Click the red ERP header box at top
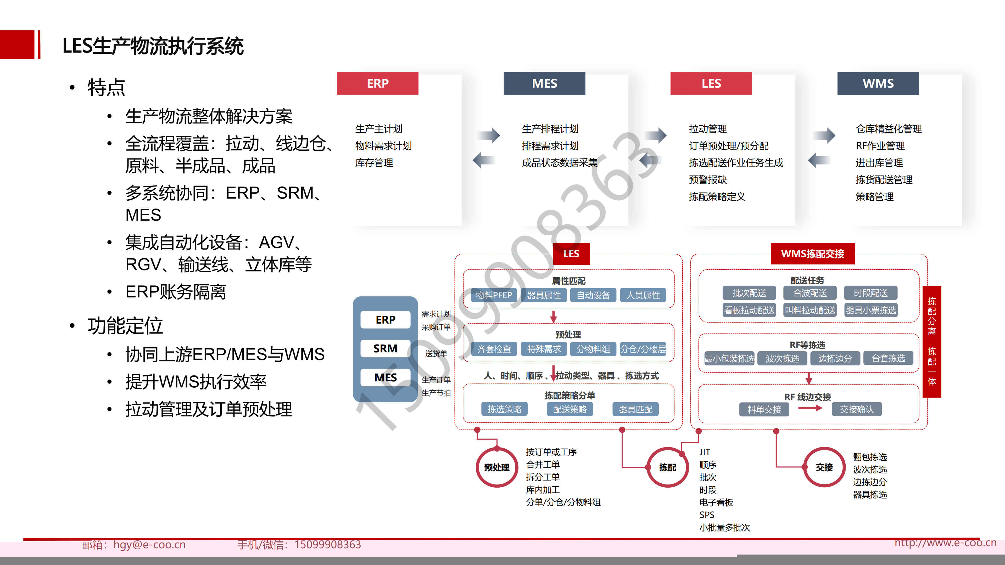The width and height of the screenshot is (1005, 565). pos(377,83)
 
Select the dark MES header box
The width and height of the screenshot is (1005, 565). pos(544,83)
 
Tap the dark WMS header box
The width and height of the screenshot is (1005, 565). pos(878,83)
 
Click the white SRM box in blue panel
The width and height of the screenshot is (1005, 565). pos(385,348)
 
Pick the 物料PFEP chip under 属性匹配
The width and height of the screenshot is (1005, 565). pos(494,295)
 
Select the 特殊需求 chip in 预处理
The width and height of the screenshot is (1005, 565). pos(544,349)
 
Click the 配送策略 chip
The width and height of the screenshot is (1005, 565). pos(569,409)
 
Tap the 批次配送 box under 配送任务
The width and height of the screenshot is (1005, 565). pos(749,293)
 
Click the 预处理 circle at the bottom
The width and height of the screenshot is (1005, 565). pos(497,467)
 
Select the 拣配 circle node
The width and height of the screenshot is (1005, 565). pos(668,467)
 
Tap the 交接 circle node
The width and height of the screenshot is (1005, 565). pos(824,467)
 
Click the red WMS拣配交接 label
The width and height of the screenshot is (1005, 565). pos(812,254)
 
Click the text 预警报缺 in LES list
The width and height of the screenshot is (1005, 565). pos(708,180)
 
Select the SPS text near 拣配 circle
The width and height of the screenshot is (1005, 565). pos(707,515)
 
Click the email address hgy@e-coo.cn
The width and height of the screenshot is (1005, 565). pos(149,544)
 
